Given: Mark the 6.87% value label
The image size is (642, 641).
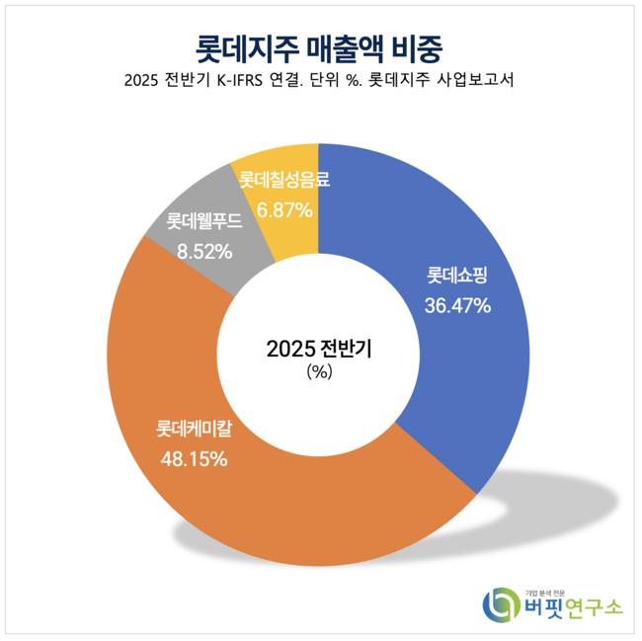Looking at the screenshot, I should tap(284, 209).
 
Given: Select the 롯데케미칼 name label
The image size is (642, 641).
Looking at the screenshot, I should tap(195, 431).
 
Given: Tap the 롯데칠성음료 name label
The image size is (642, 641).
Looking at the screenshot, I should tap(284, 181).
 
